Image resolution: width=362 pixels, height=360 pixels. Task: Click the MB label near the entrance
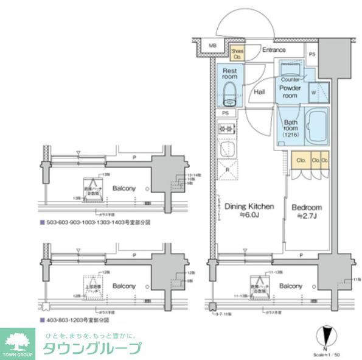tap(212, 46)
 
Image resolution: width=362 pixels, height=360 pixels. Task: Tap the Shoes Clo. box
tap(237, 54)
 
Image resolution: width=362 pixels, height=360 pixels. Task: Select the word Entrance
tap(274, 51)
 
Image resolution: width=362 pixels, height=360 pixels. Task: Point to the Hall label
tap(259, 92)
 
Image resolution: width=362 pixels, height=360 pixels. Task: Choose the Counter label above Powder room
tap(290, 80)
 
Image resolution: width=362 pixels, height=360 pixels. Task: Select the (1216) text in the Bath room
tap(290, 135)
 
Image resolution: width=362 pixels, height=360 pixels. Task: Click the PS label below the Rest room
tap(225, 113)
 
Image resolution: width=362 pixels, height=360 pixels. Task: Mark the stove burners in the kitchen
tap(226, 129)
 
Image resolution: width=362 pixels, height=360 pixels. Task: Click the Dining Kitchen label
tap(249, 206)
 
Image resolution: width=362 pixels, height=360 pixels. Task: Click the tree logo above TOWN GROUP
tap(18, 339)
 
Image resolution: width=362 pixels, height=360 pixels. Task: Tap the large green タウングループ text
tap(91, 348)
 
